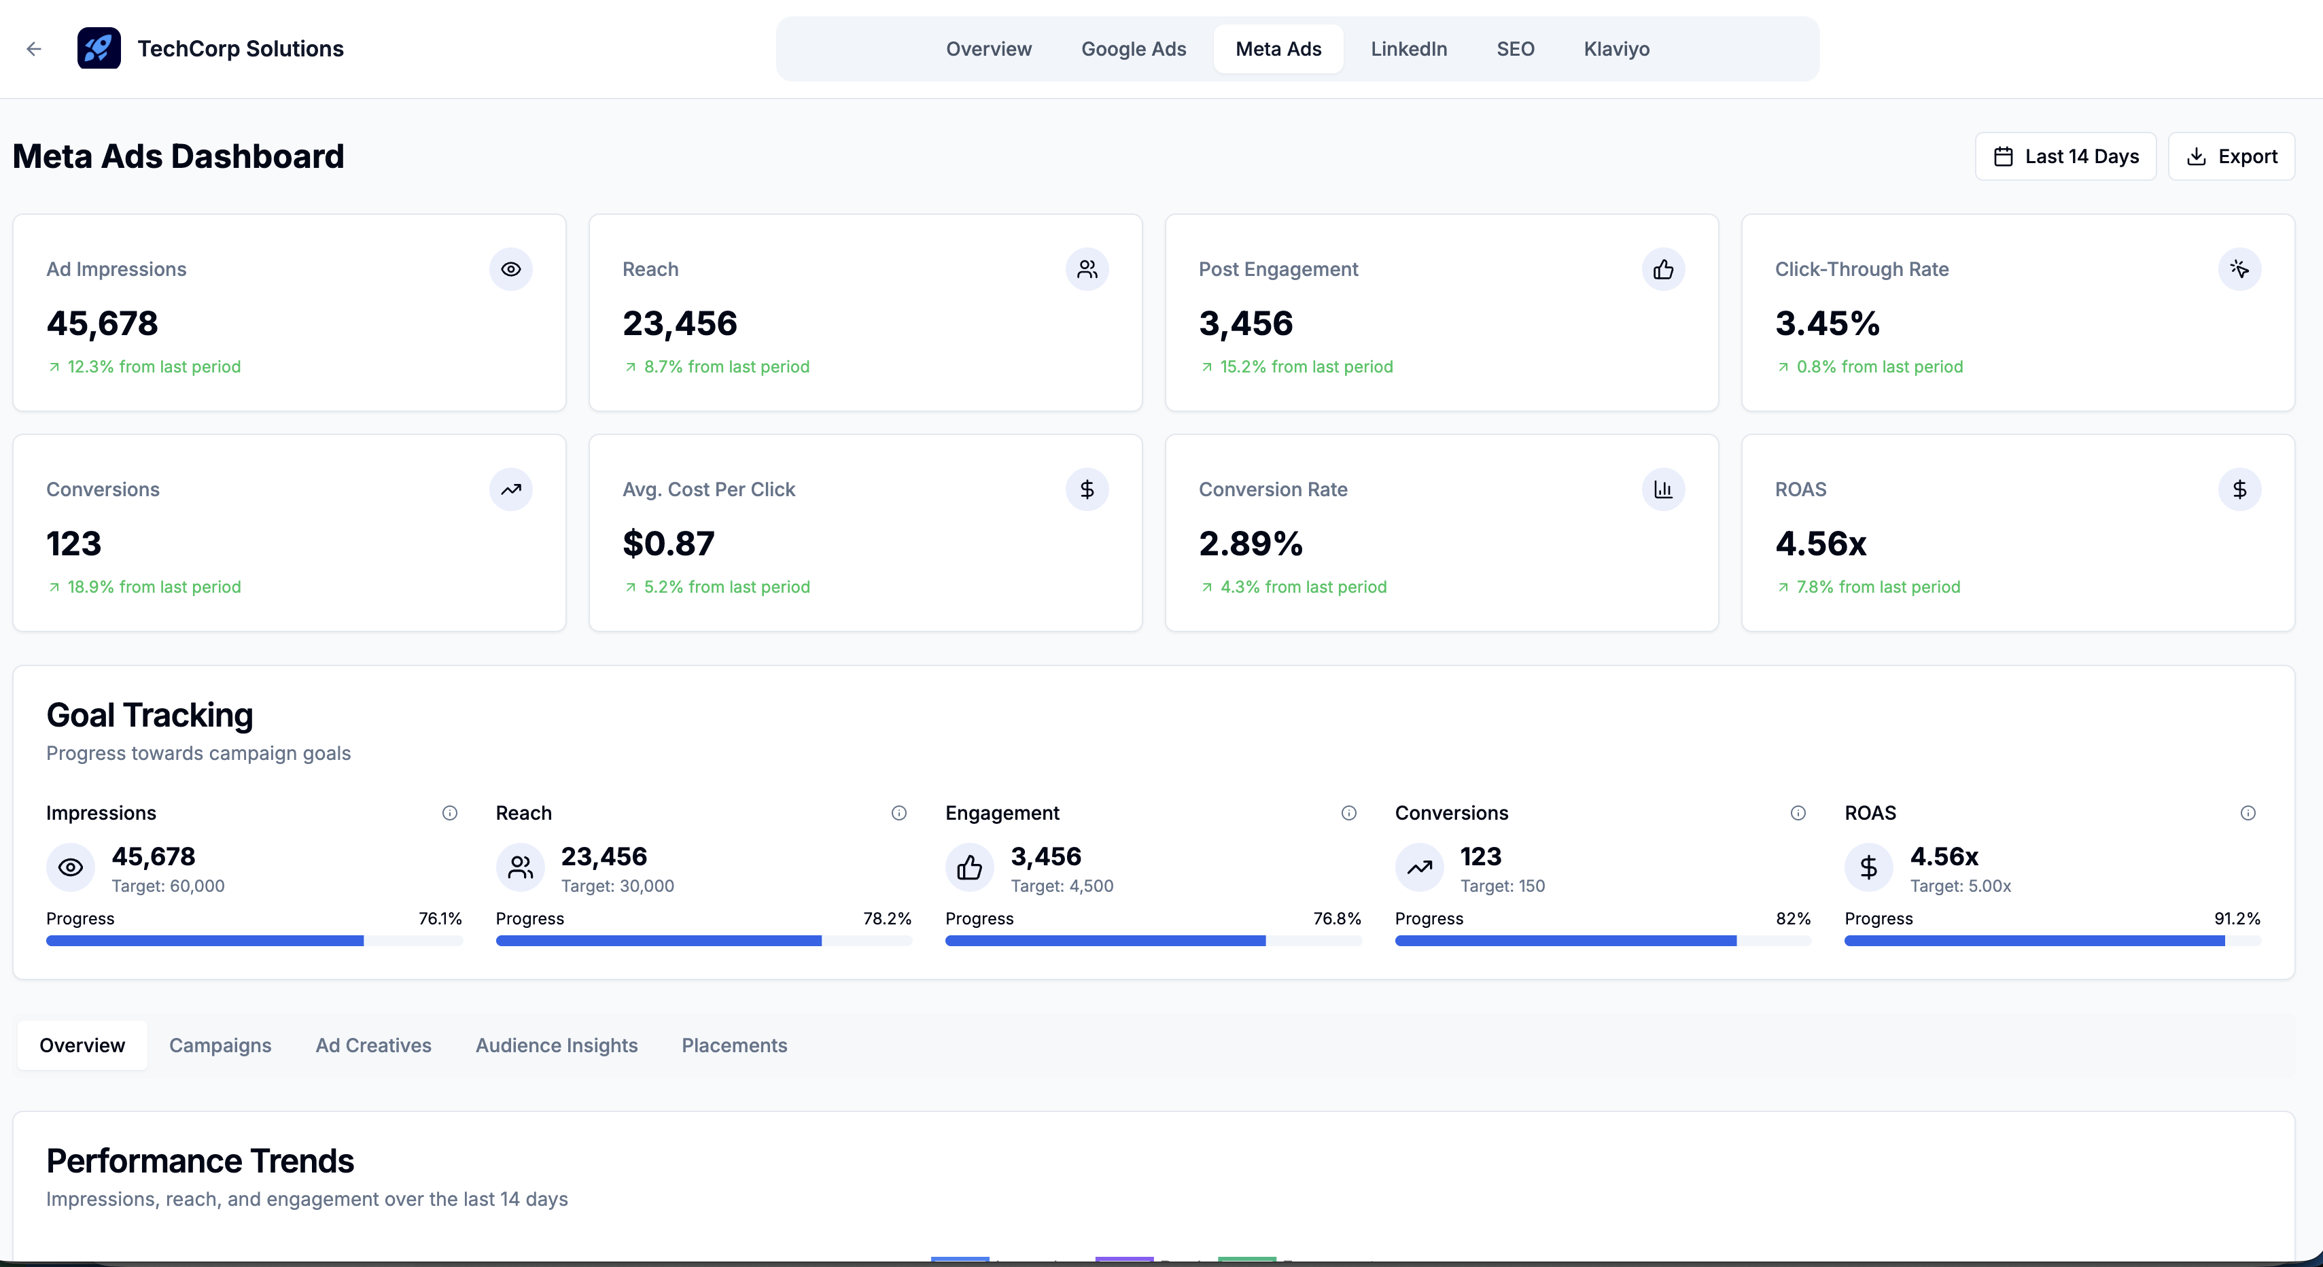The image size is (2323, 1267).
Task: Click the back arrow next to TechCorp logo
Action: pyautogui.click(x=34, y=49)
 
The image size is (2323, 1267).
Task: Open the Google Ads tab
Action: pyautogui.click(x=1134, y=49)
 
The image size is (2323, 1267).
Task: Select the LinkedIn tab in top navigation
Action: pyautogui.click(x=1409, y=49)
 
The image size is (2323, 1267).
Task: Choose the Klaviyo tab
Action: pyautogui.click(x=1616, y=49)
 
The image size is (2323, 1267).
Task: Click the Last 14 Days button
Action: pyautogui.click(x=2065, y=157)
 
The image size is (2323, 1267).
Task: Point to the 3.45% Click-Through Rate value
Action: pyautogui.click(x=1827, y=324)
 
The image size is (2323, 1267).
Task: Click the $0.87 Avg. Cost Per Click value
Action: pyautogui.click(x=668, y=544)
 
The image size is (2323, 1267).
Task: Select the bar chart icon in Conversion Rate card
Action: pyautogui.click(x=1663, y=489)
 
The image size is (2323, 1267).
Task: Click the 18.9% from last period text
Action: pyautogui.click(x=154, y=587)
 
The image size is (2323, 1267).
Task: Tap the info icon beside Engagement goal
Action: pyautogui.click(x=1348, y=814)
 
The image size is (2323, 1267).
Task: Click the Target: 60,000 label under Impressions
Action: pyautogui.click(x=168, y=886)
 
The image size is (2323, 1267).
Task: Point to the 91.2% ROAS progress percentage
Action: pyautogui.click(x=2237, y=919)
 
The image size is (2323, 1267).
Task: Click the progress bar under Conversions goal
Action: pyautogui.click(x=1602, y=941)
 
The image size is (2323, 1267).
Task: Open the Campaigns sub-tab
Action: pyautogui.click(x=220, y=1046)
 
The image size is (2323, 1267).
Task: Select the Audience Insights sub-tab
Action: pyautogui.click(x=557, y=1046)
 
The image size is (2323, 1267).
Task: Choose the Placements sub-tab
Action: pyautogui.click(x=734, y=1046)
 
